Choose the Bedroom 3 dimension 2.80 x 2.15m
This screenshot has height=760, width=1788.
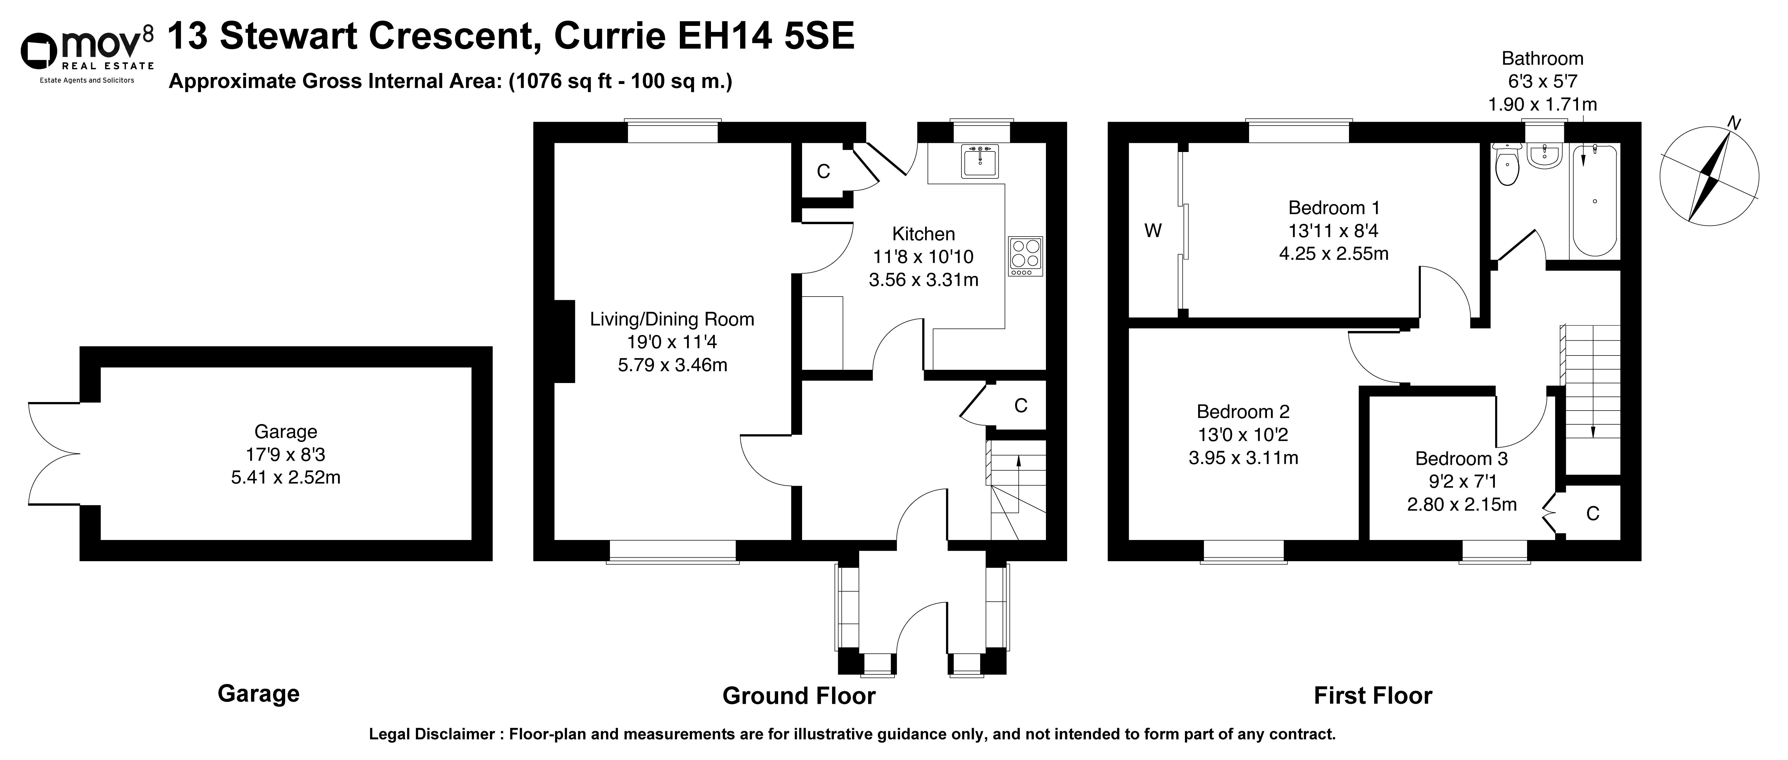(x=1462, y=504)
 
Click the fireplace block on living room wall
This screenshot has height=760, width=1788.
(x=564, y=341)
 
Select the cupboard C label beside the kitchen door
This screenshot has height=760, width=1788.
(x=823, y=172)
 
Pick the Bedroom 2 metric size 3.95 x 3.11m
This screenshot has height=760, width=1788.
(x=1243, y=458)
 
